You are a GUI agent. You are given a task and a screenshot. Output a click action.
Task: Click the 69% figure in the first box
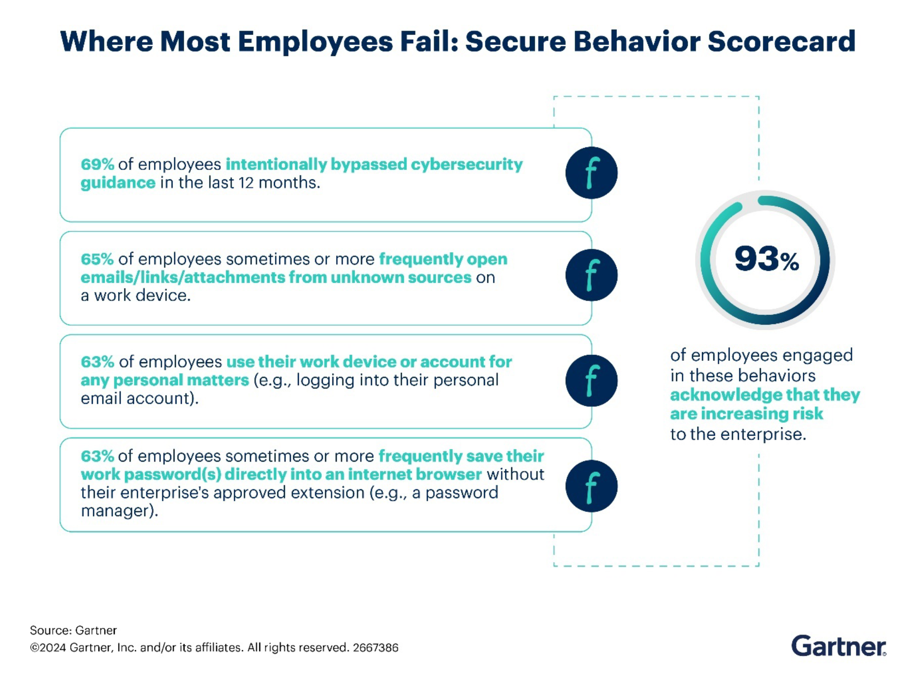[97, 164]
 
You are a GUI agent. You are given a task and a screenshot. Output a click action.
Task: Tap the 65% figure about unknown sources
[97, 259]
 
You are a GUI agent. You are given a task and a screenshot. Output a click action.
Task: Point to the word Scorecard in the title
[781, 41]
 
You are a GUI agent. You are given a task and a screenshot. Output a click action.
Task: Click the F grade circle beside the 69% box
[591, 173]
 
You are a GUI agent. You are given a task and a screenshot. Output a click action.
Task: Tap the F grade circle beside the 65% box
[591, 275]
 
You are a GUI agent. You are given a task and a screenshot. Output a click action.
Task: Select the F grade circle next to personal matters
[591, 380]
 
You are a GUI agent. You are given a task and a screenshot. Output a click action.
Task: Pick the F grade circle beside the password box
[591, 486]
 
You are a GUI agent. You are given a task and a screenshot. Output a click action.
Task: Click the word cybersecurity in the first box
[467, 165]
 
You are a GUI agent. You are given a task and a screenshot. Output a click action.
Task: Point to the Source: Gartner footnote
[73, 630]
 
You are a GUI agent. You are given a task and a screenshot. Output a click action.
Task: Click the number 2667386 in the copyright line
[375, 648]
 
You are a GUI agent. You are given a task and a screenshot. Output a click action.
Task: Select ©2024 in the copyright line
[48, 648]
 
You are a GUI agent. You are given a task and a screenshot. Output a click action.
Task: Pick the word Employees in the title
[315, 42]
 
